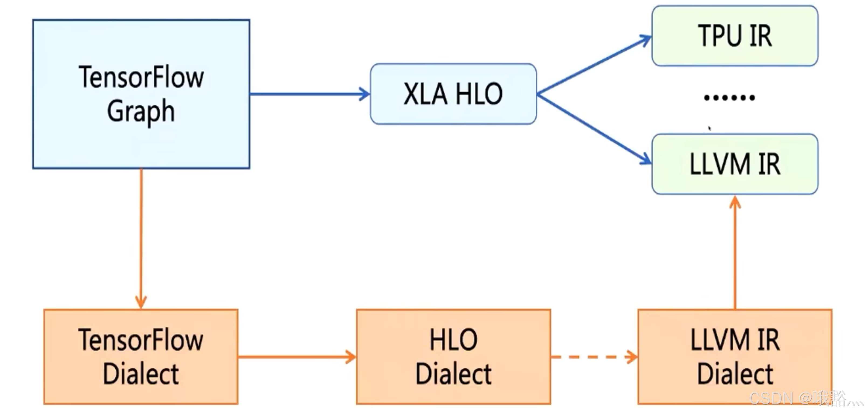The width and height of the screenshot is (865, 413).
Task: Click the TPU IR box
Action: click(735, 36)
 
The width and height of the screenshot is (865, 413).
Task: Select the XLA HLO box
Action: click(453, 94)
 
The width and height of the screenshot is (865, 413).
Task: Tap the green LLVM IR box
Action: click(735, 164)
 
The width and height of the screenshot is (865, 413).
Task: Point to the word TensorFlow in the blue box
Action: click(141, 77)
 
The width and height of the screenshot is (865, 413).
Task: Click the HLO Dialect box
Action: click(453, 357)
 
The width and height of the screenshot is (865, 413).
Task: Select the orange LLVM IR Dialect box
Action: click(735, 357)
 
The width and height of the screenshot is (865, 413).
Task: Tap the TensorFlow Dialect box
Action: click(141, 357)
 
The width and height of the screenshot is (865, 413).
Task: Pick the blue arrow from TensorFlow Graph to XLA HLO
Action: click(309, 94)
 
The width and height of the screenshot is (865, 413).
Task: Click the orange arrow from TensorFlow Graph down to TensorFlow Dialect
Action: click(141, 238)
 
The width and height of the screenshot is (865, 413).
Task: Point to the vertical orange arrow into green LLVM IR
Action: click(735, 252)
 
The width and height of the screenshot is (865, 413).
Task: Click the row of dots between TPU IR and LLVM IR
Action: click(729, 98)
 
